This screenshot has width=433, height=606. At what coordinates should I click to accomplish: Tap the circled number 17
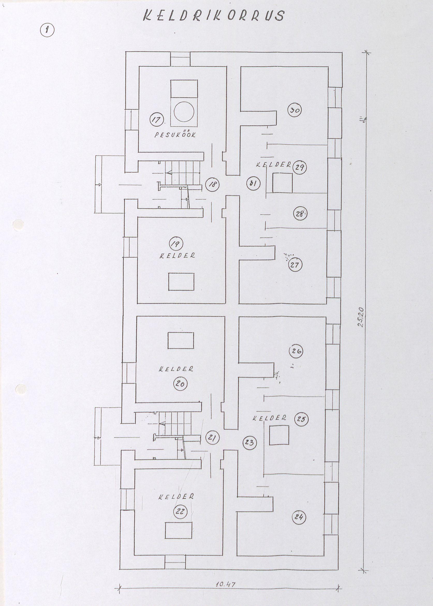pos(157,119)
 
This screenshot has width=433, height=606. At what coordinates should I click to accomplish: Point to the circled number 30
pos(295,110)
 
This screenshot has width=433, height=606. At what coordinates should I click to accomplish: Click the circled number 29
pos(299,168)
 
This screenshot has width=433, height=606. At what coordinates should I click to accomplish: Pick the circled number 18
pos(213,184)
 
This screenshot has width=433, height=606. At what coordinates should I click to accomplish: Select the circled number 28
pos(300,214)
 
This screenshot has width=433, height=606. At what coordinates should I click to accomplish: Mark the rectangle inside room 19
pos(181,282)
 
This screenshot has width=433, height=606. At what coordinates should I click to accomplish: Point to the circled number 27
pos(295,265)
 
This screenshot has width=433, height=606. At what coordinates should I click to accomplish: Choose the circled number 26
pos(296,351)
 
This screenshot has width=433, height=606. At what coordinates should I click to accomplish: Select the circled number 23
pos(249,443)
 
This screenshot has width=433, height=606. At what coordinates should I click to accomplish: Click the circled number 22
pos(180,511)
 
